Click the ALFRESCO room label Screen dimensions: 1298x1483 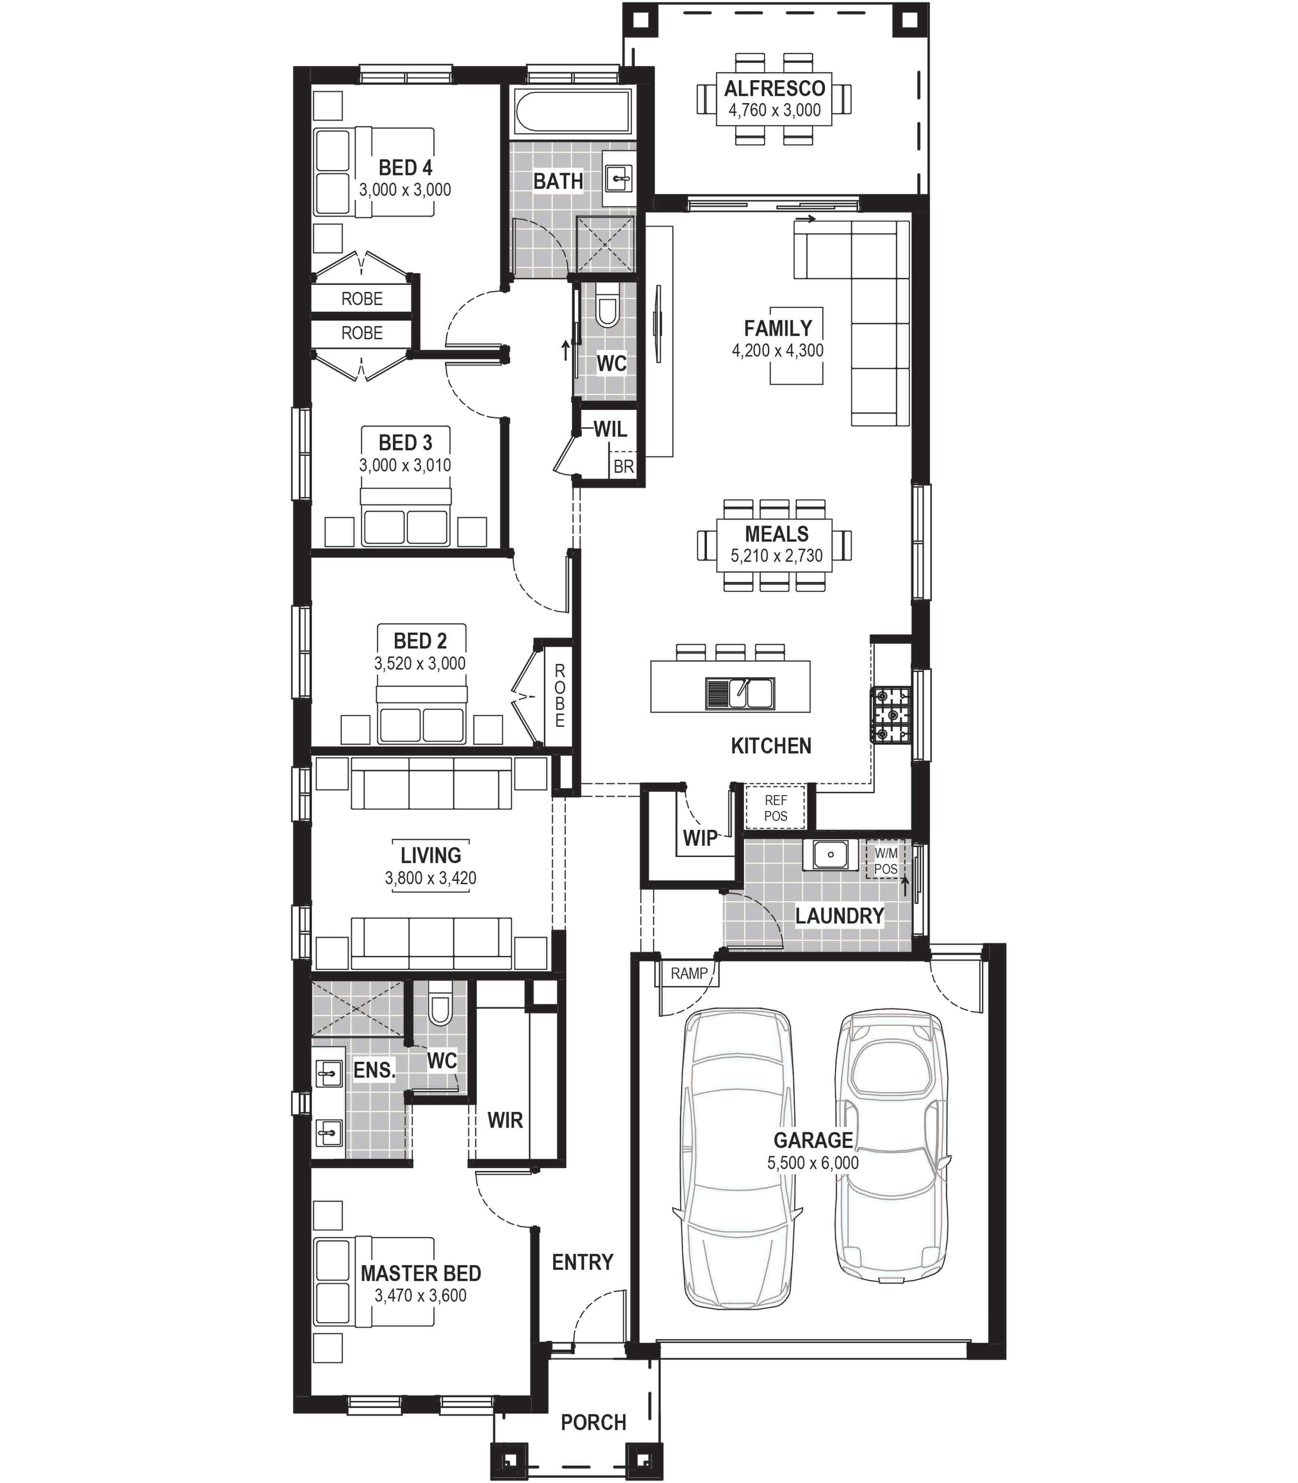click(x=774, y=88)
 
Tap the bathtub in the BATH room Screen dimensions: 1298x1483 click(x=572, y=112)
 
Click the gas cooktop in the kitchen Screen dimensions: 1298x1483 click(x=891, y=715)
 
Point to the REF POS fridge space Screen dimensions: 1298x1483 click(x=776, y=807)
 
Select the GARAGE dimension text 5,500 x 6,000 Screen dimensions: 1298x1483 click(x=813, y=1163)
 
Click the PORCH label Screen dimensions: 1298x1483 click(x=593, y=1422)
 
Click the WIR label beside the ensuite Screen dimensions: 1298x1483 click(x=505, y=1120)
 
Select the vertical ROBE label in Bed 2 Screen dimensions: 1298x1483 click(x=559, y=696)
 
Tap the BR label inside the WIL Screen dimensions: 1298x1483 click(x=624, y=467)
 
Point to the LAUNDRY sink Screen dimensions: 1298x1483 click(x=830, y=854)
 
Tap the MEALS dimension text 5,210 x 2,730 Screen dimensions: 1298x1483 click(x=777, y=556)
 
